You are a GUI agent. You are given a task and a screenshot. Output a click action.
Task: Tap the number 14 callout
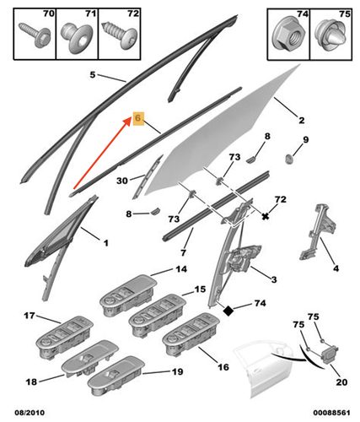(x=180, y=269)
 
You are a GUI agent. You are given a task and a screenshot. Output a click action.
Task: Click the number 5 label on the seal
(x=94, y=75)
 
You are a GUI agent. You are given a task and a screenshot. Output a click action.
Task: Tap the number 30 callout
(x=122, y=180)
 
